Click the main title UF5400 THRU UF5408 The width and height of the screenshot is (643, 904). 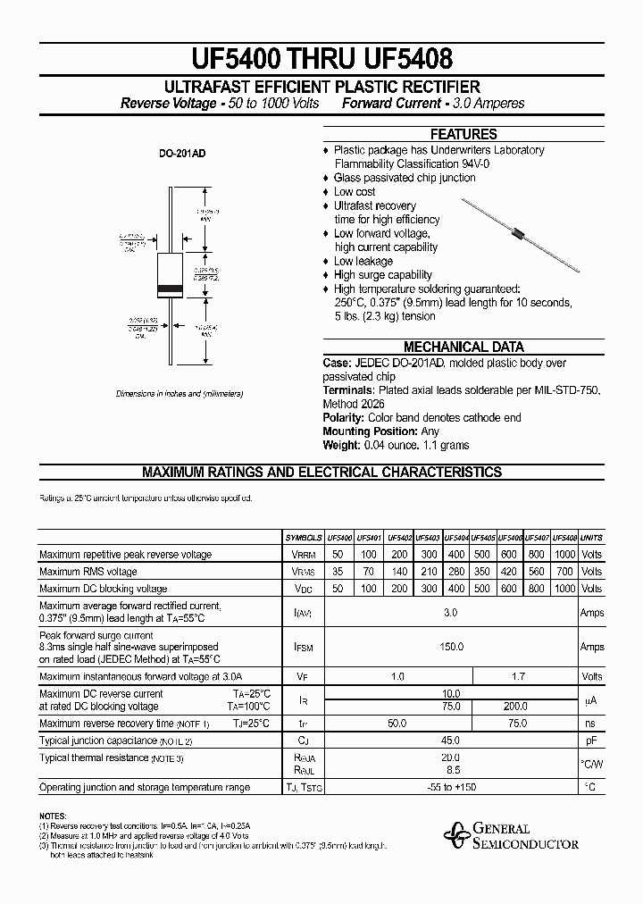click(321, 59)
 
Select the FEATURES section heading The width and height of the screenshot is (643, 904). click(463, 134)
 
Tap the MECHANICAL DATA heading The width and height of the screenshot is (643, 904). click(463, 347)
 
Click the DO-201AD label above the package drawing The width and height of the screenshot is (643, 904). click(182, 154)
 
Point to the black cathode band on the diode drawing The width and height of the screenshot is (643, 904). click(170, 289)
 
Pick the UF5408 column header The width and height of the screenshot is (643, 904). click(564, 538)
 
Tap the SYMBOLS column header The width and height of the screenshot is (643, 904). click(303, 538)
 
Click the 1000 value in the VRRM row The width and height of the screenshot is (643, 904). click(564, 555)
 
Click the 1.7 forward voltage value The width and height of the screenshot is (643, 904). click(518, 676)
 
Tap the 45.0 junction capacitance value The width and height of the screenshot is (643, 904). click(451, 741)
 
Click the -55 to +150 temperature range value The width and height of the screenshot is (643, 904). click(451, 787)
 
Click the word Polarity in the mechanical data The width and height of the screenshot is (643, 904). click(344, 418)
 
